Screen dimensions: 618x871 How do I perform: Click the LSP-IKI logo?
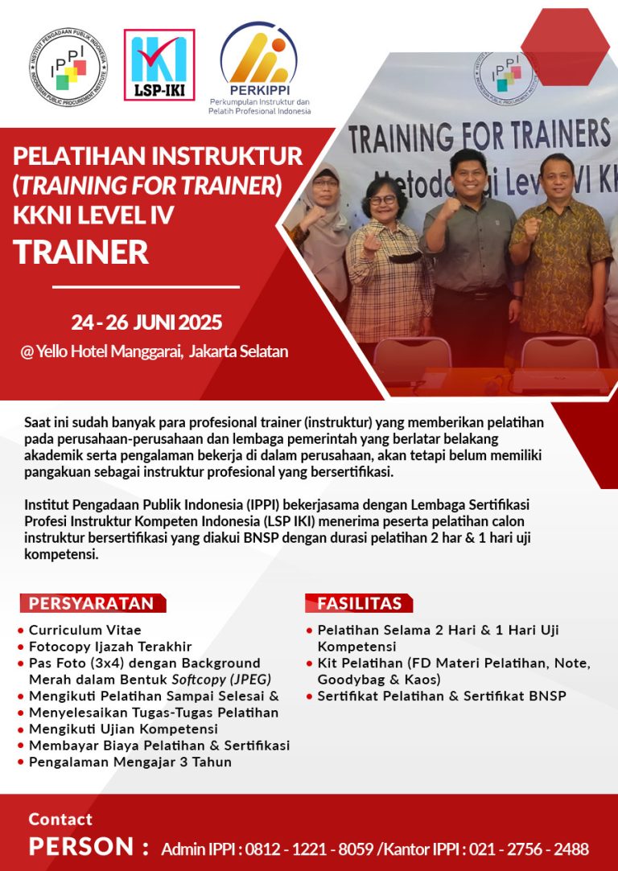click(x=159, y=65)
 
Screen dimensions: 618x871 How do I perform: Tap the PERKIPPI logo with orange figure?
click(x=259, y=68)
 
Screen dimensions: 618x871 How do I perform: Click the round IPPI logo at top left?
click(x=68, y=67)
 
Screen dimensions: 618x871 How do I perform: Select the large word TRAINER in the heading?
click(x=81, y=252)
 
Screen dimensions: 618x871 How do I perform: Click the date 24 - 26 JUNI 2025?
click(x=146, y=323)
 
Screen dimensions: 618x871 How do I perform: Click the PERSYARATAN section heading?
click(x=92, y=603)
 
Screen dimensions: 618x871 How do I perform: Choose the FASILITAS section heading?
click(x=359, y=603)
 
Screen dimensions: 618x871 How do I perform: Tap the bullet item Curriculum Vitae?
click(x=85, y=630)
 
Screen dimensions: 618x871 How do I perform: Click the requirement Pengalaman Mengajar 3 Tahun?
click(x=130, y=762)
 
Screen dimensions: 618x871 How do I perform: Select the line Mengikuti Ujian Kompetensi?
click(x=123, y=729)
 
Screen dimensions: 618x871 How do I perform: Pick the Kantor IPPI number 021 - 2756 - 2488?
click(x=529, y=849)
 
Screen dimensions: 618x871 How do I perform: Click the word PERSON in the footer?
click(x=81, y=847)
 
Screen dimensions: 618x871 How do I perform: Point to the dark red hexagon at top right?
click(x=565, y=47)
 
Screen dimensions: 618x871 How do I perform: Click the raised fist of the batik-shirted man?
click(x=533, y=228)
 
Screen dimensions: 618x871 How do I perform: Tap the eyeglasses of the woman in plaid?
click(x=383, y=199)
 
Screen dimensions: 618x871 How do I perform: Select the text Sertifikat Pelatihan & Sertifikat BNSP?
click(x=442, y=696)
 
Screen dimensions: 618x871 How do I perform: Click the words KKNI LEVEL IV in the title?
click(x=93, y=216)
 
